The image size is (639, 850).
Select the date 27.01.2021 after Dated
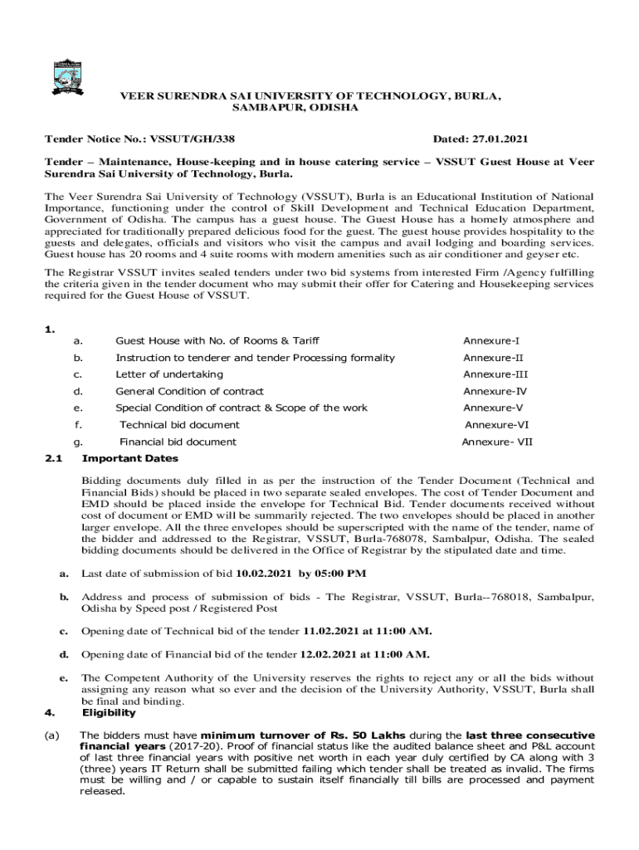[500, 139]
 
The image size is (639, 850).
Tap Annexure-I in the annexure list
[490, 341]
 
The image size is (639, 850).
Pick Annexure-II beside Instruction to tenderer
[493, 358]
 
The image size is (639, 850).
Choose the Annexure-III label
[495, 374]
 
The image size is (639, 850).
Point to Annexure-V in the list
[493, 408]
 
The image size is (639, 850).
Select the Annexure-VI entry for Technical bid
[495, 425]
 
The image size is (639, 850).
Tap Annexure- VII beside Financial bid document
[497, 442]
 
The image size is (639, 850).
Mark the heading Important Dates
[129, 458]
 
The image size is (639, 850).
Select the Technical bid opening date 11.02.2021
[332, 631]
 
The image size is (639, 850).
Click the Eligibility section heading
[109, 712]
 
